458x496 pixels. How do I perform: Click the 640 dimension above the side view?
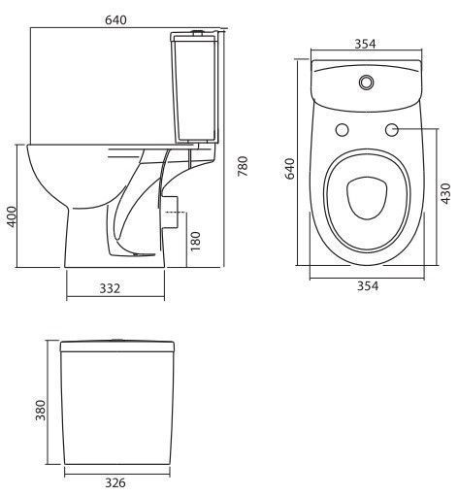pyautogui.click(x=115, y=20)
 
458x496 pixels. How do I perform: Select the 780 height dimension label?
pyautogui.click(x=243, y=166)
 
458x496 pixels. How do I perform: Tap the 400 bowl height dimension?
pyautogui.click(x=12, y=216)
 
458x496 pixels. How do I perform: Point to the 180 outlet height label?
pyautogui.click(x=195, y=241)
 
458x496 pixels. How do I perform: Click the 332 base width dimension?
pyautogui.click(x=110, y=288)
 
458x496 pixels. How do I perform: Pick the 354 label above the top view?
pyautogui.click(x=366, y=44)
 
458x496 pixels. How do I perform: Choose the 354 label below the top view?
pyautogui.click(x=368, y=285)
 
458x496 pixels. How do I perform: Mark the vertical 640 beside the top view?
pyautogui.click(x=289, y=168)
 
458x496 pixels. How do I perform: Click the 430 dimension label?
pyautogui.click(x=445, y=193)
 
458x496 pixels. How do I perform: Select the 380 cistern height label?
pyautogui.click(x=41, y=411)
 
